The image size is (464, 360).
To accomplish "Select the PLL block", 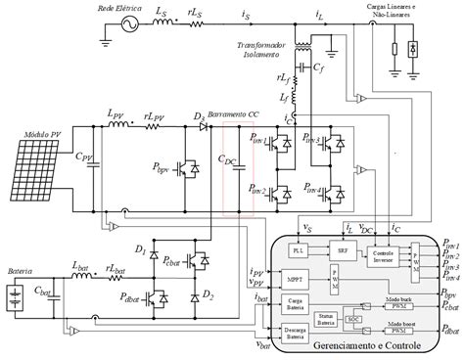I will [x=298, y=248].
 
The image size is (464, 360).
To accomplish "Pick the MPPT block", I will [x=296, y=277].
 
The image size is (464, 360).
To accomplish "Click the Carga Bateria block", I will [x=296, y=305].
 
